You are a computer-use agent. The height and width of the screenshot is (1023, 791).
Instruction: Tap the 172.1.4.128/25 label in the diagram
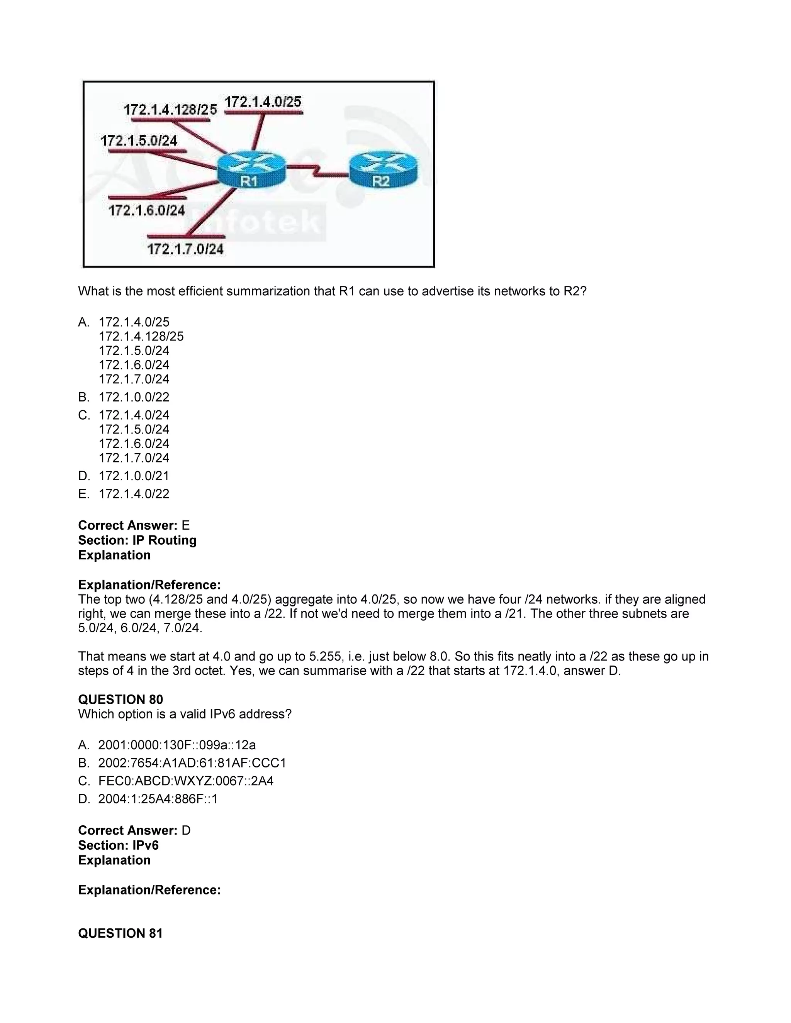(x=170, y=110)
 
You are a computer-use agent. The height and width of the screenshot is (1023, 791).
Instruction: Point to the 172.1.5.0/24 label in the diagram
(x=139, y=140)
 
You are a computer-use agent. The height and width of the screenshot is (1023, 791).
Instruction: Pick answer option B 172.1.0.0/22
(x=134, y=397)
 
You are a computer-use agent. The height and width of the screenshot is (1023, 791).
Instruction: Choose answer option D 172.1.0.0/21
(x=134, y=476)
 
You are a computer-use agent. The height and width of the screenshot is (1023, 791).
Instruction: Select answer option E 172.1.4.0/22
(x=134, y=494)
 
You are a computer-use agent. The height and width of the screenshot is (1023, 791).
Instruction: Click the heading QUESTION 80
(x=121, y=700)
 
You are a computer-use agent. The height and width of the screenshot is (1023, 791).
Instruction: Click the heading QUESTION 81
(x=121, y=933)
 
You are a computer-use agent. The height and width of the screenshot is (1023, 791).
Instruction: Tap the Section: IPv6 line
(x=118, y=845)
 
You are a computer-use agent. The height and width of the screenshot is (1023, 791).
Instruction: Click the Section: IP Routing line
(x=137, y=540)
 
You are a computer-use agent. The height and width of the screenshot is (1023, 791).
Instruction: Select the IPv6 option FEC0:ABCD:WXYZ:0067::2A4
(x=185, y=781)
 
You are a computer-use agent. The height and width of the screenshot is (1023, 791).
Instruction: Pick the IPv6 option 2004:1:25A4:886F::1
(x=158, y=799)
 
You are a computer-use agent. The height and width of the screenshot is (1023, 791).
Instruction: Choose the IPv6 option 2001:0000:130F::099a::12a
(x=177, y=745)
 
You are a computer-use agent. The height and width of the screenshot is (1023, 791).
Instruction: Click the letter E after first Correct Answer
(x=185, y=525)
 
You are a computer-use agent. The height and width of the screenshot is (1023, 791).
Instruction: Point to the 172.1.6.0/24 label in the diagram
(x=147, y=210)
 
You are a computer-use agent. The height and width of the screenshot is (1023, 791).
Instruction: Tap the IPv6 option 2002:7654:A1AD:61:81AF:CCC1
(x=192, y=763)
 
